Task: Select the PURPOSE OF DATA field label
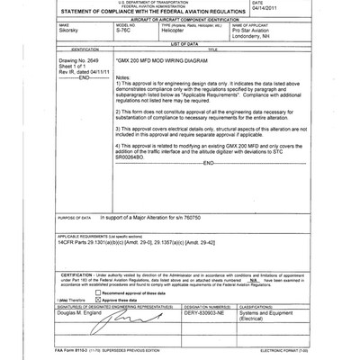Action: [75, 218]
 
